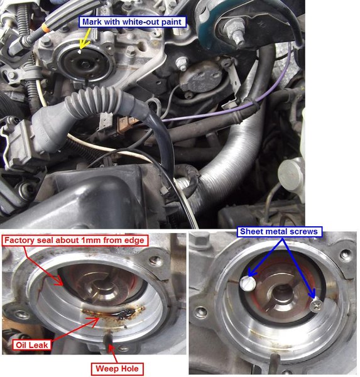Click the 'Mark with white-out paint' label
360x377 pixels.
[x=133, y=22]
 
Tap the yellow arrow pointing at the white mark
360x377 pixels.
[x=86, y=38]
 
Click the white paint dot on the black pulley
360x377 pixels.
[x=80, y=52]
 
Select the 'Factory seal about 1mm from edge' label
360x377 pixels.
[x=75, y=241]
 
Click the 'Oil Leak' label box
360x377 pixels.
[x=32, y=345]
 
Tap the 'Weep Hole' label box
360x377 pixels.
[x=117, y=369]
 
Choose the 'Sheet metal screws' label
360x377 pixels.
[x=279, y=231]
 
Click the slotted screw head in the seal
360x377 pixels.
[x=248, y=283]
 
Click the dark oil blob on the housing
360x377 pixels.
[x=125, y=314]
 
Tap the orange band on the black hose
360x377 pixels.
[x=46, y=28]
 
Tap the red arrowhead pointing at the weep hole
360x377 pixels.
[x=111, y=349]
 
